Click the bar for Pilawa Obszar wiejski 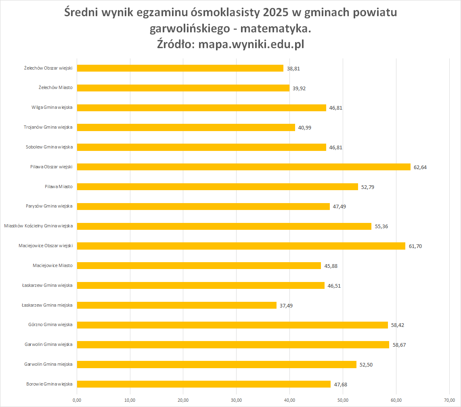[x=243, y=167]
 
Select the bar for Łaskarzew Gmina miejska [x=176, y=305]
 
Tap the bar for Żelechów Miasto [x=183, y=88]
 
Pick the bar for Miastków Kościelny [x=224, y=226]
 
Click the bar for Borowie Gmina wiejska [x=203, y=384]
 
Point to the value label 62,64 [x=420, y=167]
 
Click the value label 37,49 [x=286, y=305]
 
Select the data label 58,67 [x=399, y=345]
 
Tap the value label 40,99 [x=305, y=127]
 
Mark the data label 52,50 [x=366, y=365]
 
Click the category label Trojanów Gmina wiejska [x=48, y=127]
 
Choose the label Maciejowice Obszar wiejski [x=46, y=246]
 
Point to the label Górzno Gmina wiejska [x=50, y=325]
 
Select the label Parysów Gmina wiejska [x=49, y=206]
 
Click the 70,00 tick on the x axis [x=449, y=401]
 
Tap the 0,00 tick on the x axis [x=77, y=401]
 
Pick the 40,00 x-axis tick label [x=289, y=401]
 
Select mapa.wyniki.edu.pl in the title [x=250, y=45]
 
